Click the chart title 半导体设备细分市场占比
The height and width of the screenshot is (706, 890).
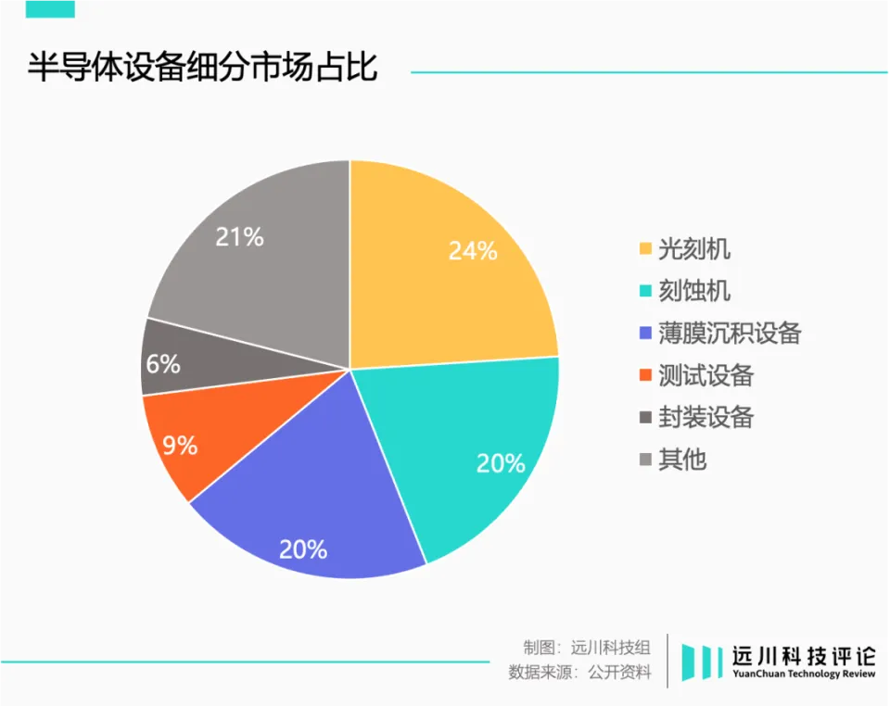[x=202, y=69]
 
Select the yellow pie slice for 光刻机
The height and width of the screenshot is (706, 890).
[x=436, y=278]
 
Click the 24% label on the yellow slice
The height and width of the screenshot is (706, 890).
[x=473, y=250]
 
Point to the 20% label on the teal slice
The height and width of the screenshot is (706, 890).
[x=501, y=463]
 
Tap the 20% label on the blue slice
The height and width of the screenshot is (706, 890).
[x=303, y=549]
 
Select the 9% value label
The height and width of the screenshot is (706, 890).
[x=180, y=446]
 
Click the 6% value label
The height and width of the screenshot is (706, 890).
[x=163, y=364]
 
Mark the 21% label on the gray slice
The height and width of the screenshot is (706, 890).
[x=239, y=237]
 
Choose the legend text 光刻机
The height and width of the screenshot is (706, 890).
[x=694, y=249]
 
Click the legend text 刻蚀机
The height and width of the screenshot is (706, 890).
[x=694, y=291]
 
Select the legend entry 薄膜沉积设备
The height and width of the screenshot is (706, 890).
[x=729, y=333]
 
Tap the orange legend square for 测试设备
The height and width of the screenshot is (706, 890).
[x=644, y=375]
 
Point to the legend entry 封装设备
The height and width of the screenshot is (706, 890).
[x=706, y=417]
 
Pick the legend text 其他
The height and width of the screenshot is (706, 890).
[x=682, y=459]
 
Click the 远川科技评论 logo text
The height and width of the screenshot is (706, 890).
[x=803, y=654]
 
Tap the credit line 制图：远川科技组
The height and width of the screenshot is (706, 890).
[x=586, y=648]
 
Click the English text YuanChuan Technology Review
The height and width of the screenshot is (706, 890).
[x=803, y=674]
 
